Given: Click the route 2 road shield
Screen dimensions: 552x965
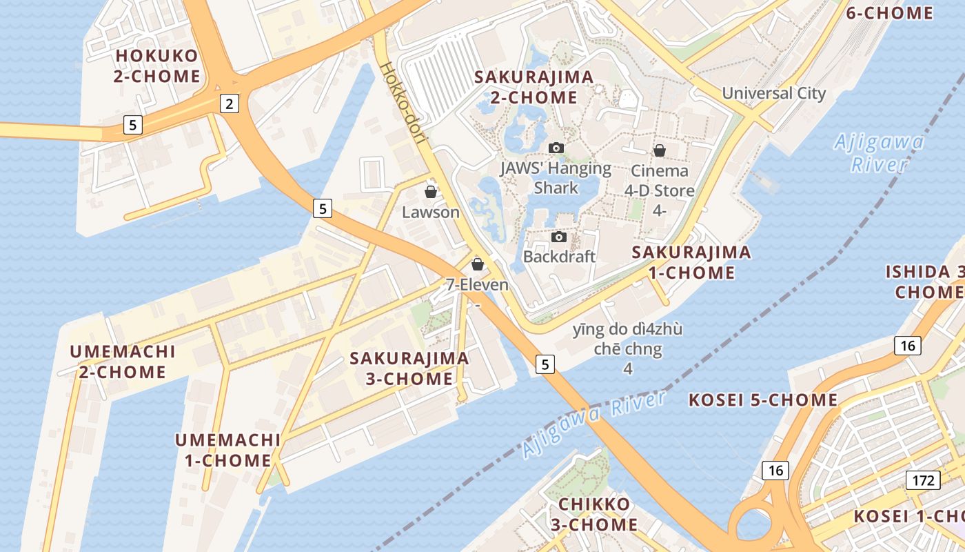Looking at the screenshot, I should [230, 104].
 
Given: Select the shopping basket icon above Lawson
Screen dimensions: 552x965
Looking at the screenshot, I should [431, 192].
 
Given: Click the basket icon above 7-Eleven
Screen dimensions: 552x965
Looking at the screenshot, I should [477, 264].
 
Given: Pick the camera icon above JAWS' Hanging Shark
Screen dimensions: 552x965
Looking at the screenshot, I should [556, 148].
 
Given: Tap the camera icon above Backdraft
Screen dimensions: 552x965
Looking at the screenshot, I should [559, 237].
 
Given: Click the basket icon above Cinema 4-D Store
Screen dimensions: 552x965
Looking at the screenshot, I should [660, 150].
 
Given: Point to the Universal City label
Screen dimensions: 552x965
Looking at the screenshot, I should [773, 93].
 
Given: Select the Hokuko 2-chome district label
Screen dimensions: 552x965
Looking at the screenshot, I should [157, 66].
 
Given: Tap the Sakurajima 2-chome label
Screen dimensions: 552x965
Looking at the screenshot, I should [534, 87].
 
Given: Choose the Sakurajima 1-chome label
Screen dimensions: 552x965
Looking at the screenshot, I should [691, 262].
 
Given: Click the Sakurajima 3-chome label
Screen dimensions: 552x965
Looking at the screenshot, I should [409, 368].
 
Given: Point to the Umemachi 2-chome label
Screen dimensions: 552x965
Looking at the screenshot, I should [123, 362].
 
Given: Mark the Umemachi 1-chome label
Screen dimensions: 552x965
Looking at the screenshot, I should [227, 450].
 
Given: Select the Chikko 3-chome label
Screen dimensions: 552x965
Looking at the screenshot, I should [594, 514].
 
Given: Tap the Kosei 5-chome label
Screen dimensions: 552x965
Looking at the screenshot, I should [764, 400].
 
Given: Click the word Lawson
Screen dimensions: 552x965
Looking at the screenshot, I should [431, 213].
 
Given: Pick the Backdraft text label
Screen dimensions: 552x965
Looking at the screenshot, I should [559, 257].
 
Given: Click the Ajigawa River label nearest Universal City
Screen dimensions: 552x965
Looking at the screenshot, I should [879, 153].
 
